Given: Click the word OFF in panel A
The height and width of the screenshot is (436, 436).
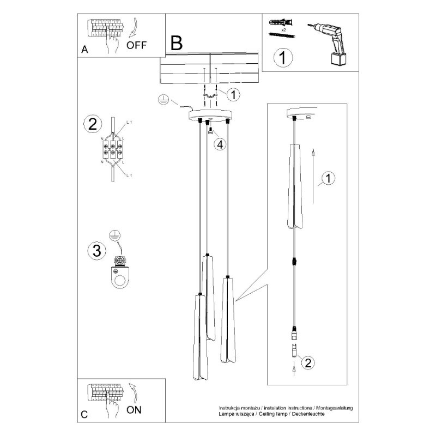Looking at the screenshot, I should [x=136, y=45].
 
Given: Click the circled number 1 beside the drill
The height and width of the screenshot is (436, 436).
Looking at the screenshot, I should [x=282, y=57].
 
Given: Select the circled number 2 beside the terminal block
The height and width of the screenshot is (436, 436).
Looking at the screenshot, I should [x=92, y=124].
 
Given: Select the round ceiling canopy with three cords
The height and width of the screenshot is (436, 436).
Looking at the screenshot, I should [x=210, y=116].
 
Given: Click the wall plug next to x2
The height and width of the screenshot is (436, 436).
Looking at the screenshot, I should [x=282, y=23].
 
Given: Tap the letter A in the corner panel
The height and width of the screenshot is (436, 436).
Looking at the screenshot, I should [x=84, y=49].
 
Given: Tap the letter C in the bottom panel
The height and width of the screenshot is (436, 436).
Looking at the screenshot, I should [x=84, y=414].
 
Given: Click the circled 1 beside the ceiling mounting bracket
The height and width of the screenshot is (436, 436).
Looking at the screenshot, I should [x=233, y=94].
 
